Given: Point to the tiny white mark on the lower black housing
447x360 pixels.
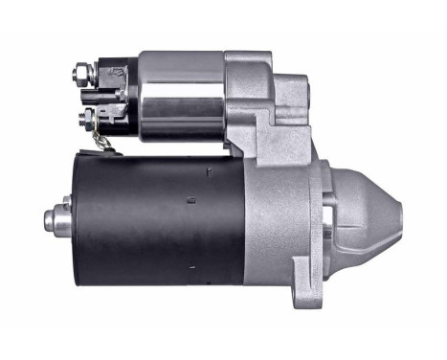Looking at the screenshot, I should [192, 271].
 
